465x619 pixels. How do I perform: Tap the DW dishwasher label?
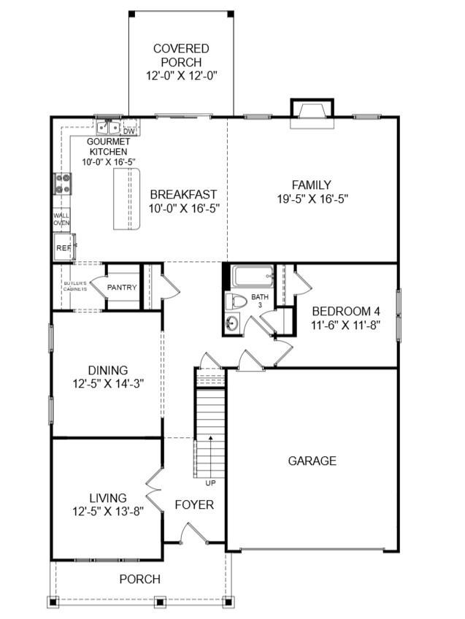pos(128,131)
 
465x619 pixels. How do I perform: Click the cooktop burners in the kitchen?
pos(62,183)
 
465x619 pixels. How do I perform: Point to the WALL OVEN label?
pos(61,219)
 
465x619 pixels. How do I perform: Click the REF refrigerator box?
pos(64,247)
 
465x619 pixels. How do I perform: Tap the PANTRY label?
pos(122,288)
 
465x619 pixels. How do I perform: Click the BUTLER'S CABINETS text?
pos(74,286)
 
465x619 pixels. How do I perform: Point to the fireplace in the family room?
pos(311,109)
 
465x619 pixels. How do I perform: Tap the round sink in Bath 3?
pos(232,323)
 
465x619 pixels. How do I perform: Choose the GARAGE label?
pos(312,461)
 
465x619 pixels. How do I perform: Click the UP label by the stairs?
pos(210,482)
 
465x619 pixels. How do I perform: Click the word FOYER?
pos(194,505)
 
